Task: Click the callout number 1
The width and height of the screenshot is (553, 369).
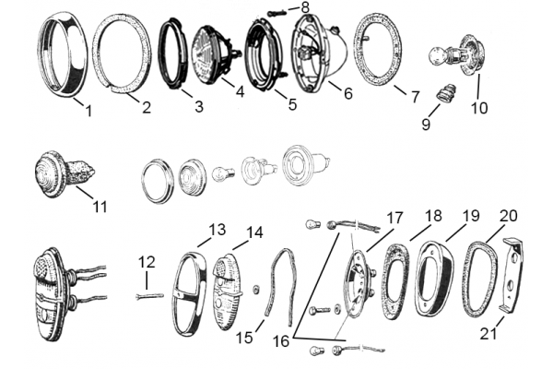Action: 88,111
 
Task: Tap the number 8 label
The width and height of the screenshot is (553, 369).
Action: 305,7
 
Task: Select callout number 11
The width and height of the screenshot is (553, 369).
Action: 100,207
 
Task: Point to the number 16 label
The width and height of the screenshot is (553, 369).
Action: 281,341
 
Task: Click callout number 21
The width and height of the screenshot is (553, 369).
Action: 488,333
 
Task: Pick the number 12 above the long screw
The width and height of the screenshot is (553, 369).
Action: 147,262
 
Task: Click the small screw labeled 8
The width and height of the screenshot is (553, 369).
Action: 276,14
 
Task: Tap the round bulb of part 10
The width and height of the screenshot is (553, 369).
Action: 437,56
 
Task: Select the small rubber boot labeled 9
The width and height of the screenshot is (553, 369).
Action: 446,94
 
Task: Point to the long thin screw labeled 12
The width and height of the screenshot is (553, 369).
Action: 150,297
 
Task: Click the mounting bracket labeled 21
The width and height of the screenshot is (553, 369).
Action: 512,275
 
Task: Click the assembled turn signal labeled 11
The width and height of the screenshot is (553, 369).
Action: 64,173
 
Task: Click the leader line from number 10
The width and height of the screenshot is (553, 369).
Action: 478,87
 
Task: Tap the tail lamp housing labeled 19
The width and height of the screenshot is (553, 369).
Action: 434,277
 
